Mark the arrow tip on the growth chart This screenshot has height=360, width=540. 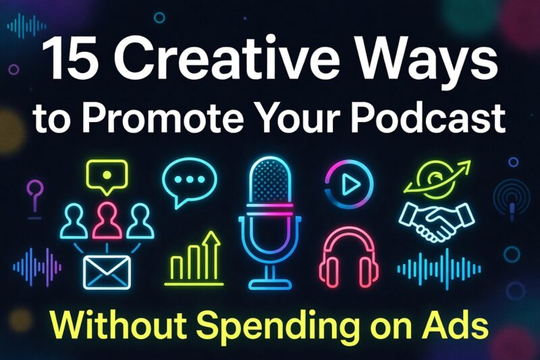[x=214, y=236]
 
